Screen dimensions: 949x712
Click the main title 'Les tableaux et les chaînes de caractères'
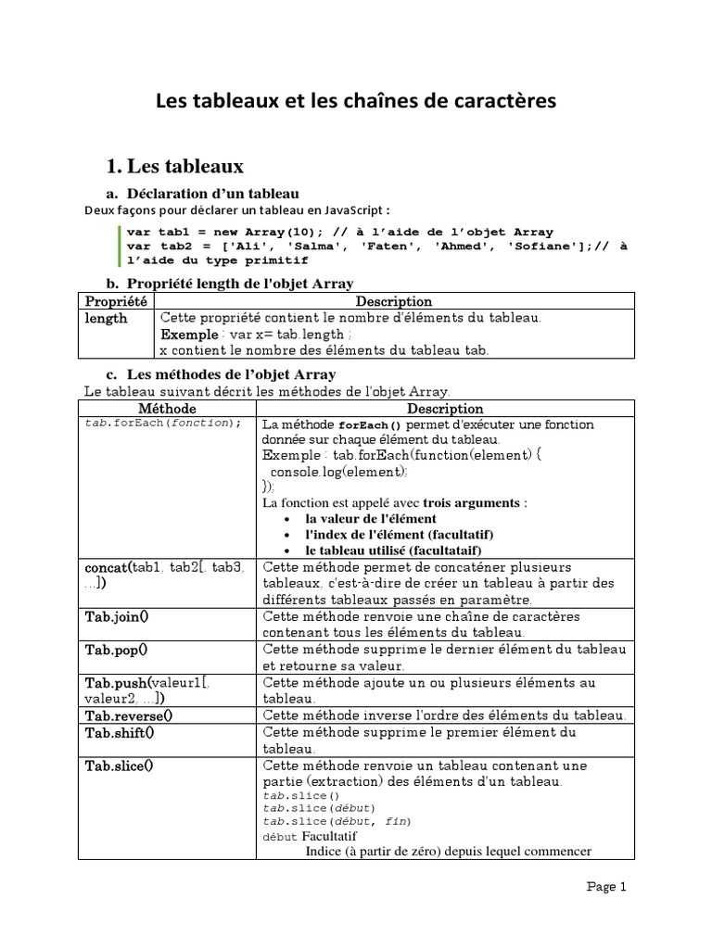355,100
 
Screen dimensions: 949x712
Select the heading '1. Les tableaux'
175,166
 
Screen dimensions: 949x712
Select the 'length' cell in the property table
107,318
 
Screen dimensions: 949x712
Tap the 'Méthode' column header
167,408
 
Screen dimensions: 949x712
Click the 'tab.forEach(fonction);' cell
162,423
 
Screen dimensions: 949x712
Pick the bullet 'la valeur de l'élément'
371,519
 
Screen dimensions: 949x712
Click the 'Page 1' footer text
607,886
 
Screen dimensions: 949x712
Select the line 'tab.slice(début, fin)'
337,821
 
